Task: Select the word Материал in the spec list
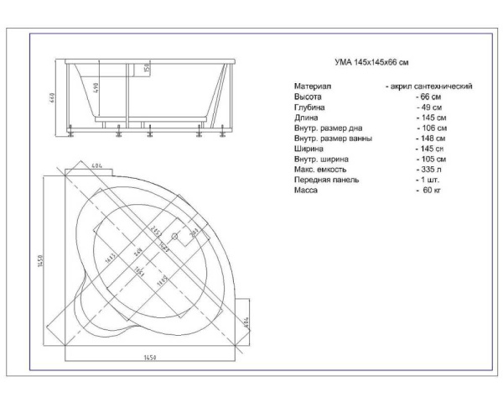click(x=313, y=86)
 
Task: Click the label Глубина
click(x=309, y=108)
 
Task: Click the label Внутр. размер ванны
click(x=333, y=139)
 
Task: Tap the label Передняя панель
click(x=326, y=180)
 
